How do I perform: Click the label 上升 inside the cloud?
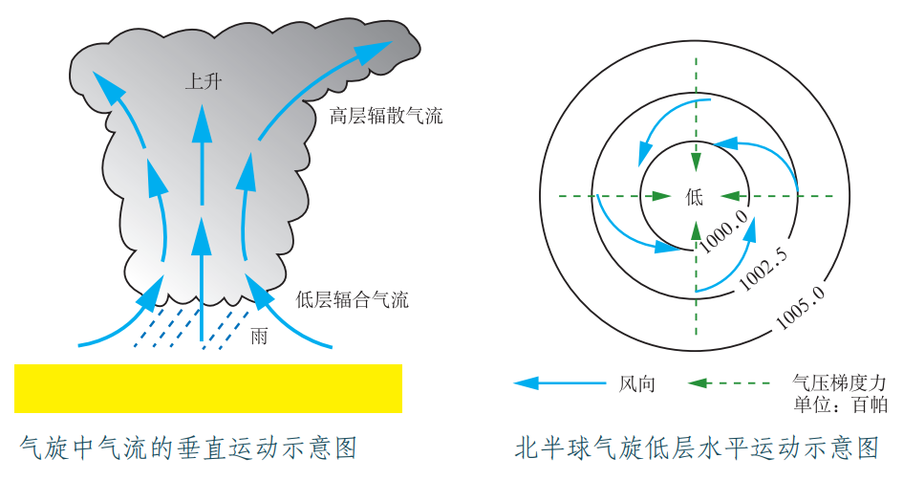pos(203,81)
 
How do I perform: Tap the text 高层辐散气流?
pos(386,116)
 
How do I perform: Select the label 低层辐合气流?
pos(352,299)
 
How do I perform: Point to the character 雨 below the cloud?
pos(259,336)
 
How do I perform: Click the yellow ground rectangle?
pos(208,388)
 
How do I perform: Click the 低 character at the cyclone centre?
pos(695,197)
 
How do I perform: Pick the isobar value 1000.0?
pos(723,230)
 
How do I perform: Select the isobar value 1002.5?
pos(763,269)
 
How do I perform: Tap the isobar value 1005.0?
pos(801,307)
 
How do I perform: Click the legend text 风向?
pos(637,383)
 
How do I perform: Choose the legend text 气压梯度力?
pos(839,382)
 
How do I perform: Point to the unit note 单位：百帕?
pos(840,404)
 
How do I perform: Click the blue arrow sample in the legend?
pos(559,383)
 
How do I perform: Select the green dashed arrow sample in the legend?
pos(729,383)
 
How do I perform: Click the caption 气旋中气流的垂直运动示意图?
pos(188,447)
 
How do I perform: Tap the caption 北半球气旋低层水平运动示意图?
pos(698,447)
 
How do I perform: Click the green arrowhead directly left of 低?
pos(661,196)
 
